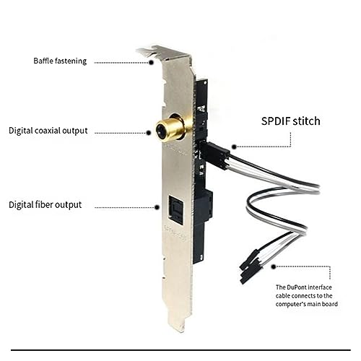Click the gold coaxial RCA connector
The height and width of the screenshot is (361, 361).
coord(170,128)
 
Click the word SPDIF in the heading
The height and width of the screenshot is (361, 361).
coord(276,121)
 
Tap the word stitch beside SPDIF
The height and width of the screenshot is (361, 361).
coord(306,121)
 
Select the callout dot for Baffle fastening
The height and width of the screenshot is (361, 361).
coord(151,62)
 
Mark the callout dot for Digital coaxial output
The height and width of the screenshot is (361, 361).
coord(149,133)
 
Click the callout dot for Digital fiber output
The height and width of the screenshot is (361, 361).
coord(157,207)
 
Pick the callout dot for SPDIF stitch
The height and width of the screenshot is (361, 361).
coord(234,147)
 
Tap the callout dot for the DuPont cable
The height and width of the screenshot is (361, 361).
coord(274,266)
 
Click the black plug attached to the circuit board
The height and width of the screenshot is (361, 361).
coord(214,155)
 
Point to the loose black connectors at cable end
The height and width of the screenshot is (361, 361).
coord(251,267)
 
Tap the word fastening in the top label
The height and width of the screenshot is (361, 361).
coord(71,61)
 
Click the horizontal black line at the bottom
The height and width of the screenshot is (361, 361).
coord(180,350)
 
